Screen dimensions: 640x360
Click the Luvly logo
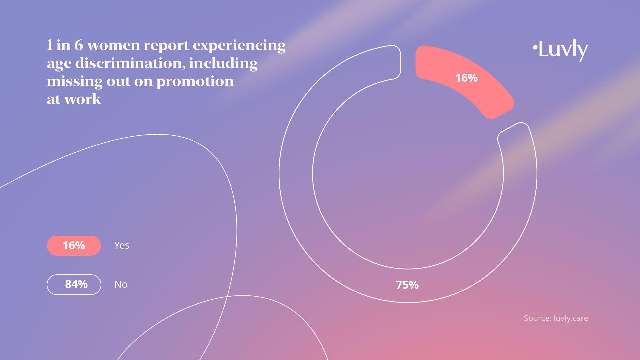coord(560,50)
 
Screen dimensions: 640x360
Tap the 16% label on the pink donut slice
coord(466,78)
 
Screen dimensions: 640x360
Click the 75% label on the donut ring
coord(407,285)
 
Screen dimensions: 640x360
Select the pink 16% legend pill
coord(74,246)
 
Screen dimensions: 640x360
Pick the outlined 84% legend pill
coord(74,285)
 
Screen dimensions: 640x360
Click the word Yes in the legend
coord(122,245)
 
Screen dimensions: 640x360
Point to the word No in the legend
coord(121,284)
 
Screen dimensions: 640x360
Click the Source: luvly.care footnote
coord(556,318)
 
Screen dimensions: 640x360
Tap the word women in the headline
coord(113,45)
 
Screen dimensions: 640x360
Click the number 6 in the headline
coord(78,45)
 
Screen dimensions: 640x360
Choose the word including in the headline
coord(223,64)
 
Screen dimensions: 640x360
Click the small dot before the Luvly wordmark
coord(535,47)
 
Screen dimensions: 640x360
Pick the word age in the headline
coord(59,64)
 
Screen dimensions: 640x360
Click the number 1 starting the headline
coord(49,45)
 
